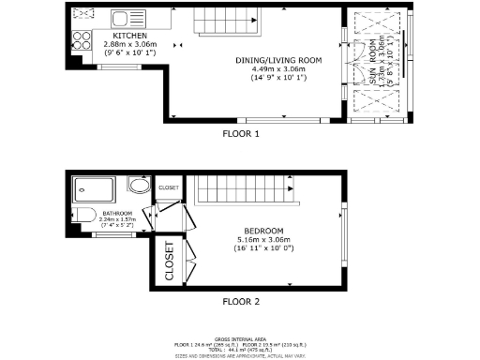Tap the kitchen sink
pyautogui.click(x=122, y=18)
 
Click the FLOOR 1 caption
pyautogui.click(x=240, y=134)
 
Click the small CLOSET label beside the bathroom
pyautogui.click(x=169, y=187)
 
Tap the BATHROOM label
pyautogui.click(x=117, y=213)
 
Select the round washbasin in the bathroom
pyautogui.click(x=141, y=185)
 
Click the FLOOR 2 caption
pyautogui.click(x=240, y=302)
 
